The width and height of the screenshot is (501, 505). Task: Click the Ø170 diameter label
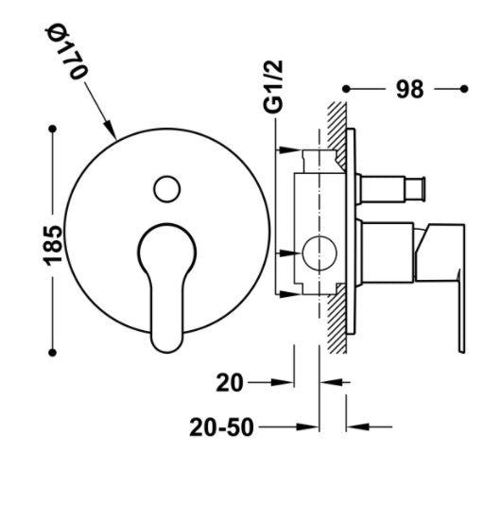coord(65,51)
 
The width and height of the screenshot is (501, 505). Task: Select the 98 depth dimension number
coord(409,89)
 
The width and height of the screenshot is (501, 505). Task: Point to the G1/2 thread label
coord(273,86)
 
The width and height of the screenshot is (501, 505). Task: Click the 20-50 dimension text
coord(221,427)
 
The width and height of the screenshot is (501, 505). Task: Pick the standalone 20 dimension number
coord(230,383)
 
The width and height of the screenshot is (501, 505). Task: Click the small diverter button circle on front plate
coord(166,189)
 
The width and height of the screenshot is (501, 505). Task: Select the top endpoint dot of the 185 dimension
coord(53,130)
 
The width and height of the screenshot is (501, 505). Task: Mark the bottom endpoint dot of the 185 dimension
coord(53,353)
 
